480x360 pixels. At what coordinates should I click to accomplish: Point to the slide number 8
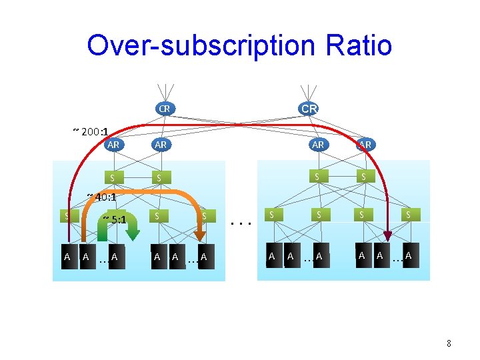tap(449, 344)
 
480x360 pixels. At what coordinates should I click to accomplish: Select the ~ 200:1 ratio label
tap(91, 131)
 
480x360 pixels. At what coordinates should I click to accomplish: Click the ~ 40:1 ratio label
tap(101, 197)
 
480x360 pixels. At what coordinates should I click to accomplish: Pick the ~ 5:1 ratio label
tap(114, 219)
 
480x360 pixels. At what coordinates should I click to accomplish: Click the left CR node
tap(164, 108)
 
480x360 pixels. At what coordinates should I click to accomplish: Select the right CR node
tap(309, 108)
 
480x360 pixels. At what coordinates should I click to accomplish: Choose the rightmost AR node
tap(365, 144)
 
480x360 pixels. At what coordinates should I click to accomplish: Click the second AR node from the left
tap(161, 144)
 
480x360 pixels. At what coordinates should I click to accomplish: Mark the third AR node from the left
tap(318, 144)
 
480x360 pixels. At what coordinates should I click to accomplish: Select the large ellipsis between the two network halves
tap(239, 224)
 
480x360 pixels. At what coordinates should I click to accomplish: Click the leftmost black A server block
tap(67, 257)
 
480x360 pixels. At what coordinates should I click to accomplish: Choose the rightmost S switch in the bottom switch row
tap(408, 215)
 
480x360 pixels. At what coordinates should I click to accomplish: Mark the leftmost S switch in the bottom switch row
tap(66, 215)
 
